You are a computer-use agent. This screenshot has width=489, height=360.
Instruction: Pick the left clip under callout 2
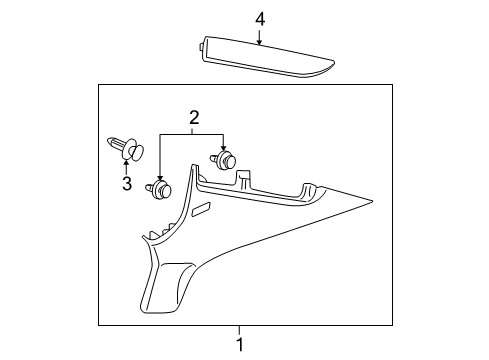pos(160,187)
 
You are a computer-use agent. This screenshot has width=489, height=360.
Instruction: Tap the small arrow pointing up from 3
pos(127,168)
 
